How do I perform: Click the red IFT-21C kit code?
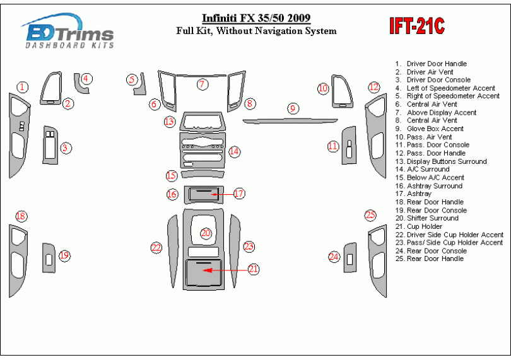tap(417, 26)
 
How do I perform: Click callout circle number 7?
tap(202, 84)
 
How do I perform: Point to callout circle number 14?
tap(235, 151)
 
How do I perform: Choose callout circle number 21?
tap(254, 269)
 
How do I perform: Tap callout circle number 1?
tap(23, 87)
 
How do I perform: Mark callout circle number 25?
tap(370, 215)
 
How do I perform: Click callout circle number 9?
tap(293, 108)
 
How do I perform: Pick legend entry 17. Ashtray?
tap(419, 194)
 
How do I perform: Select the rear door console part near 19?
tap(49, 257)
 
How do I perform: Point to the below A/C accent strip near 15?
tap(202, 175)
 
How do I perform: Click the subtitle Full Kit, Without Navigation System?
tap(256, 31)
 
